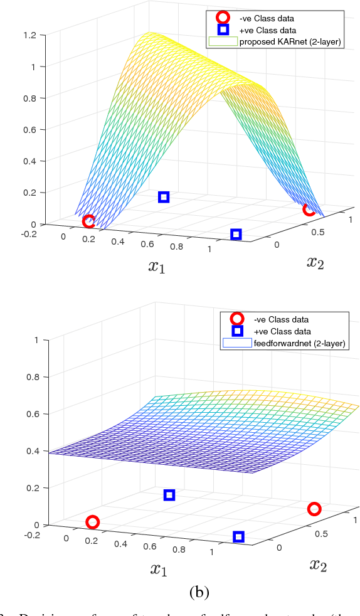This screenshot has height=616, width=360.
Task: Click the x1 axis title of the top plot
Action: [x=158, y=266]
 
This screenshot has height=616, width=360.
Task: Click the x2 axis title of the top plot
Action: [x=316, y=262]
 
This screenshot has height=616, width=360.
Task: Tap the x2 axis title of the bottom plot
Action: [x=319, y=565]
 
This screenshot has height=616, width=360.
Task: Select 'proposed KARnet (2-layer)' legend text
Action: [x=290, y=42]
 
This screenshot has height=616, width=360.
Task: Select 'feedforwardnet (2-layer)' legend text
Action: [x=300, y=343]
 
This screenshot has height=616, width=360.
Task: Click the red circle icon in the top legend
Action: [x=223, y=18]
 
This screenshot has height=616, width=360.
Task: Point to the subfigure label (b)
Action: [x=199, y=592]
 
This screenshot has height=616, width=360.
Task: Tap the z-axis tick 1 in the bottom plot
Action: [x=36, y=340]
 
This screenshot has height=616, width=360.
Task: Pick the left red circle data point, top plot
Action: [x=88, y=221]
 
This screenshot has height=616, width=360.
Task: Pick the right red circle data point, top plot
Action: [x=309, y=210]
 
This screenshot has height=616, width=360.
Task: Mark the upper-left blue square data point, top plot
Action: [x=164, y=197]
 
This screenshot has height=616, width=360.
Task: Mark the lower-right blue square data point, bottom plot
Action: [x=238, y=536]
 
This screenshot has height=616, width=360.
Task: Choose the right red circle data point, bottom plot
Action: [x=314, y=509]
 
